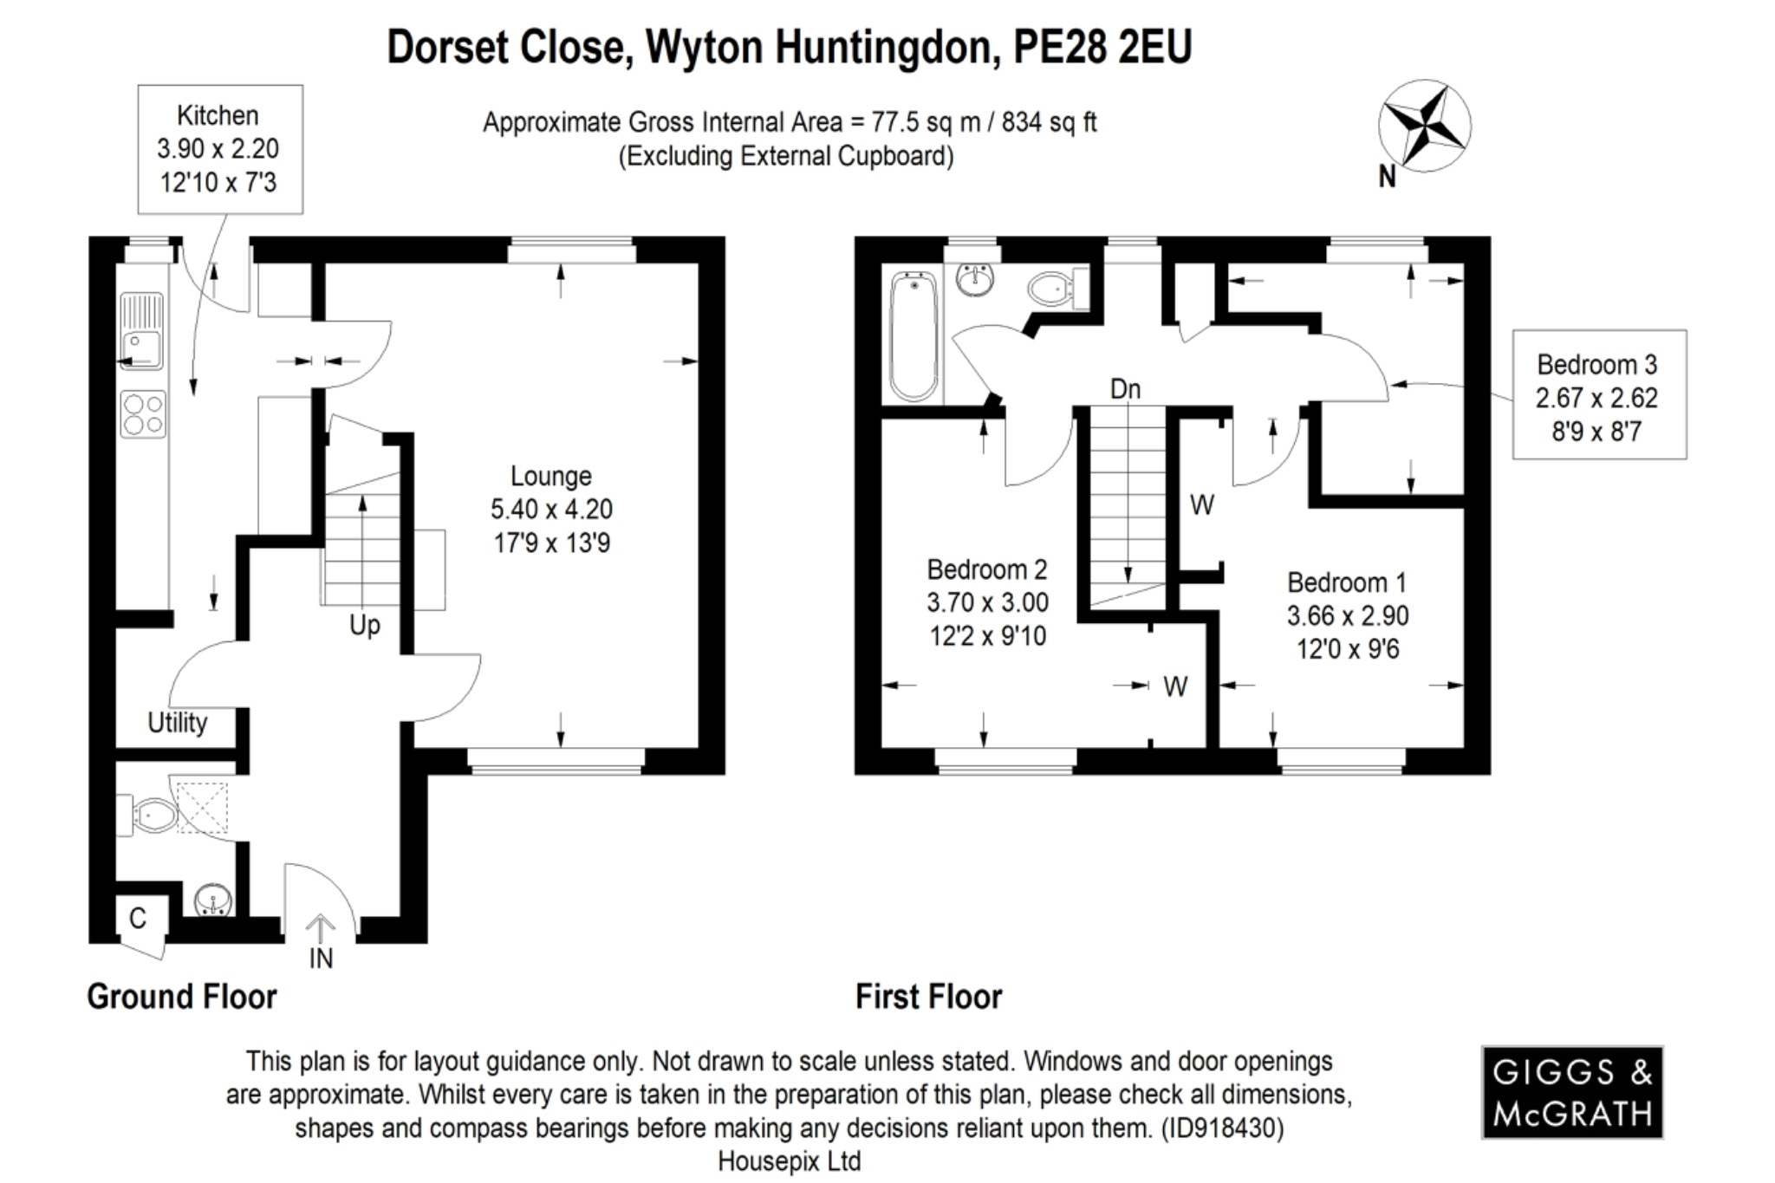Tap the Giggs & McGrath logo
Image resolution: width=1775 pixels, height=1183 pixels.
pyautogui.click(x=1572, y=1092)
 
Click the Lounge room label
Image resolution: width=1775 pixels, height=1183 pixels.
pyautogui.click(x=551, y=510)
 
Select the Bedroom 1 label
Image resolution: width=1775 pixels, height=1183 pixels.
pyautogui.click(x=1347, y=615)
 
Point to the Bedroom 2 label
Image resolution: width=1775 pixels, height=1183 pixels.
pyautogui.click(x=987, y=602)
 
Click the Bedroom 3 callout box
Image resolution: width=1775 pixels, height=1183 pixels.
pyautogui.click(x=1599, y=395)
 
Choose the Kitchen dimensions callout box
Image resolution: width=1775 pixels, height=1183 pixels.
pyautogui.click(x=219, y=149)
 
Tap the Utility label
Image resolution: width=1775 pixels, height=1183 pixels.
pyautogui.click(x=177, y=722)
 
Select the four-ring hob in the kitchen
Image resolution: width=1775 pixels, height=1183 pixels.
pyautogui.click(x=143, y=414)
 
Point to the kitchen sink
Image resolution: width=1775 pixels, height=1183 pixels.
pyautogui.click(x=140, y=332)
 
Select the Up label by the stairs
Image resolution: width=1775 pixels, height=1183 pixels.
pyautogui.click(x=364, y=624)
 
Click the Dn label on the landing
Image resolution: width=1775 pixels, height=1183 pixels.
pyautogui.click(x=1125, y=389)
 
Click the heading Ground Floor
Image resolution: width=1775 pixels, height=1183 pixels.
pyautogui.click(x=182, y=997)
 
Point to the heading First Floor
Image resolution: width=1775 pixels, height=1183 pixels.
pyautogui.click(x=928, y=997)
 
